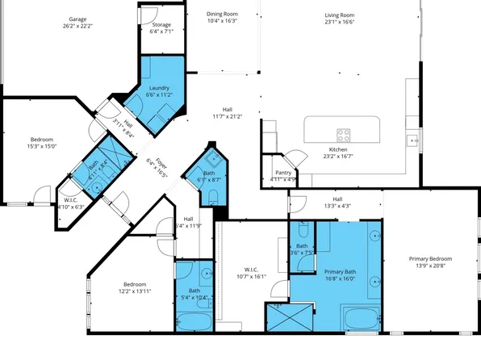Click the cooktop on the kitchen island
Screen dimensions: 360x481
(x=343, y=135)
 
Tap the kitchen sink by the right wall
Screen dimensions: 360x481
(x=414, y=140)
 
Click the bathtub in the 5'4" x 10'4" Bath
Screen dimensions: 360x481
(x=193, y=321)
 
